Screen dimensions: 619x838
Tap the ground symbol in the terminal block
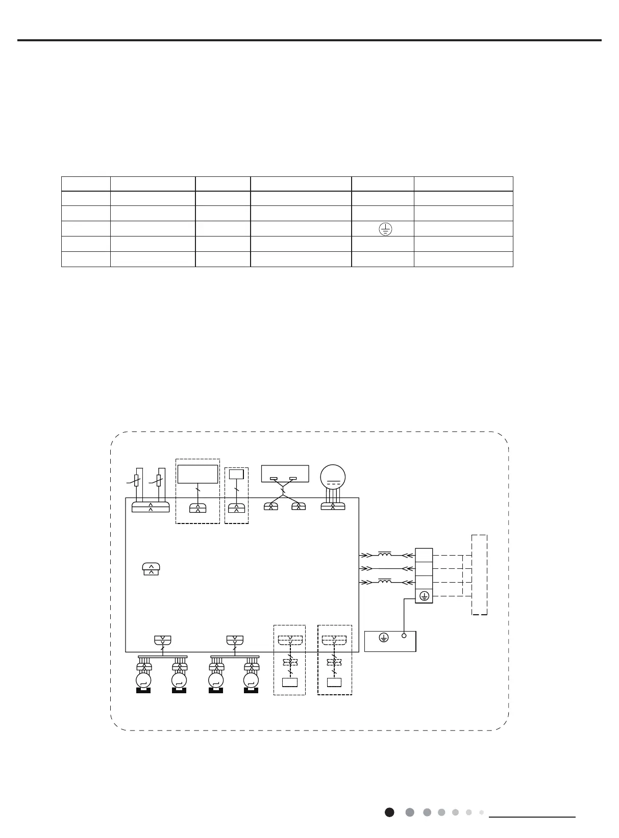pyautogui.click(x=424, y=596)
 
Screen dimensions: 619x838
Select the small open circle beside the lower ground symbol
pyautogui.click(x=404, y=636)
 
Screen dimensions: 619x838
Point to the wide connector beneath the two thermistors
pyautogui.click(x=151, y=507)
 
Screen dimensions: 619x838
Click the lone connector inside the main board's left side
pyautogui.click(x=151, y=570)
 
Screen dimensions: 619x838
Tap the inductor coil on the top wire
pyautogui.click(x=385, y=554)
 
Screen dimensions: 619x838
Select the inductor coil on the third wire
pyautogui.click(x=385, y=581)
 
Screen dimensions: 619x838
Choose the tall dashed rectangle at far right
pyautogui.click(x=479, y=575)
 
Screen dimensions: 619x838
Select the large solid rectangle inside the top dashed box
pyautogui.click(x=198, y=474)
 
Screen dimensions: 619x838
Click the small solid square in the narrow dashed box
pyautogui.click(x=236, y=474)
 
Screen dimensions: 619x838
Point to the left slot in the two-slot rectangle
pyautogui.click(x=274, y=479)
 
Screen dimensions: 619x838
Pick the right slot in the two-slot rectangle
pyautogui.click(x=293, y=479)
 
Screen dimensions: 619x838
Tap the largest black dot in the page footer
pyautogui.click(x=389, y=812)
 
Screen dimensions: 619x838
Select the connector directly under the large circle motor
pyautogui.click(x=333, y=506)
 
